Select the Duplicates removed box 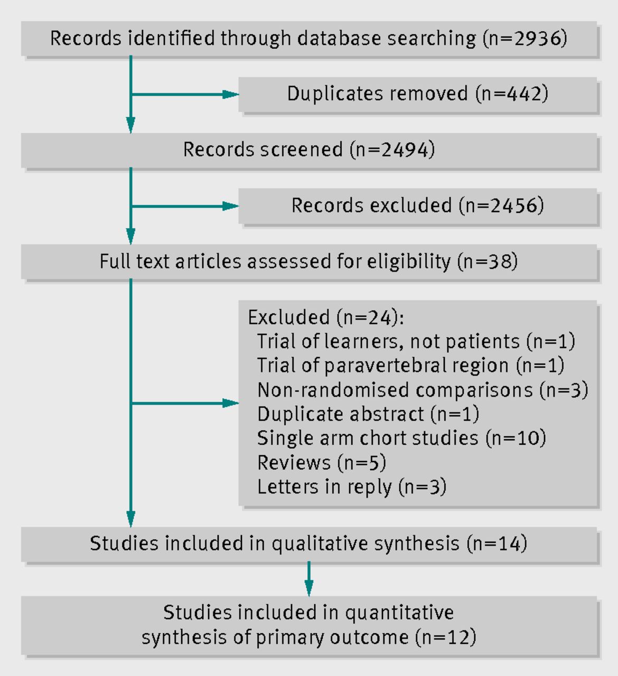coord(417,95)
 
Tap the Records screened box coord(309,151)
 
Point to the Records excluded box coord(417,206)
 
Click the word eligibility coord(408,262)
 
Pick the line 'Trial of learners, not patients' coord(416,341)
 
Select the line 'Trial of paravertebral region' coord(410,365)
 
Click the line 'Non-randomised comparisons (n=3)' coord(423,390)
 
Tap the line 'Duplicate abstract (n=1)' coord(368,414)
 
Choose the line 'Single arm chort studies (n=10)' coord(401,438)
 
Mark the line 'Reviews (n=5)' coord(322,462)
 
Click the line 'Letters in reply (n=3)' coord(352,486)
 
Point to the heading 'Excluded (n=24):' coord(326,317)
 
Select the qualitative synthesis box coord(309,544)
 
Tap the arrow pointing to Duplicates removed coord(185,95)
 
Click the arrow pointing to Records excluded coord(185,206)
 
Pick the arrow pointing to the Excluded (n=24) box coord(185,403)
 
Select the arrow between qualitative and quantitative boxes coord(309,579)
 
